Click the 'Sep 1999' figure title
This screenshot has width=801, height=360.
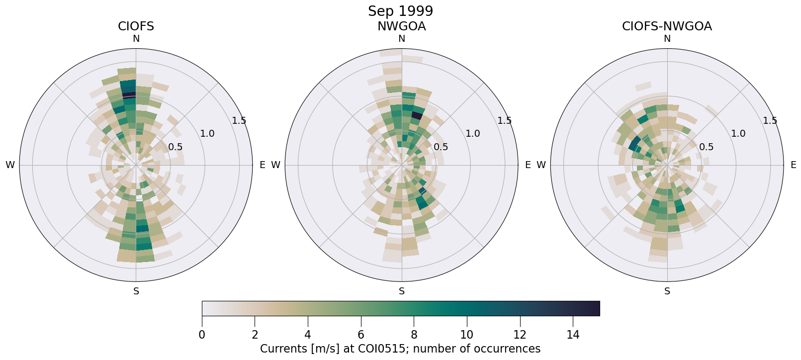point(400,11)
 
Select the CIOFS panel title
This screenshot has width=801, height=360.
point(136,26)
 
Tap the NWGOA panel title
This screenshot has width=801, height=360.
point(401,26)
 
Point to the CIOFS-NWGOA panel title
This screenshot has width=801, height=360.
point(667,26)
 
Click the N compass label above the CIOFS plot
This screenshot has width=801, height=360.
point(136,39)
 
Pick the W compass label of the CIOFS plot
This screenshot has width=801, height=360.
point(10,165)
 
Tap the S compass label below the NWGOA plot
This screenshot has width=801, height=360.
point(401,291)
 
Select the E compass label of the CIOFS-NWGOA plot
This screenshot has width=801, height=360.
point(793,165)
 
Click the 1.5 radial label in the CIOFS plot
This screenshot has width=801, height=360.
point(239,121)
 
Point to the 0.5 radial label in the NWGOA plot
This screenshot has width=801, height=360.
point(441,147)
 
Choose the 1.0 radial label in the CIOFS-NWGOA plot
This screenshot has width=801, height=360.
point(738,134)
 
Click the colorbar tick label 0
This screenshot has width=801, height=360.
point(202,335)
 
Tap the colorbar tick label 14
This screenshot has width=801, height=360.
point(573,335)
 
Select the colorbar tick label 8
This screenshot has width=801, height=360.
point(414,335)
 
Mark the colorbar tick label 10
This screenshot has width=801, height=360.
point(467,335)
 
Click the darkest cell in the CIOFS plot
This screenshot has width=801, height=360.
point(129,94)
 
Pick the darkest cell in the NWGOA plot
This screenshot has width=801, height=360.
point(417,116)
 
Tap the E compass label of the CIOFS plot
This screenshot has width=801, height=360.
point(262,165)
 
